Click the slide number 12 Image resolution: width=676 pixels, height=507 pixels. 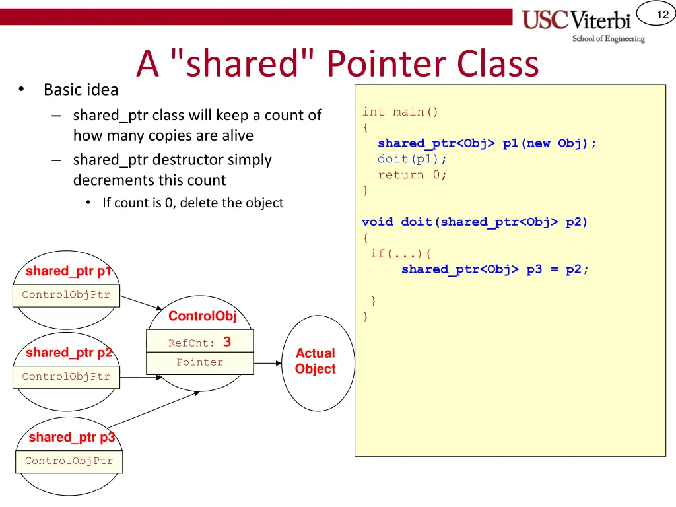pyautogui.click(x=663, y=15)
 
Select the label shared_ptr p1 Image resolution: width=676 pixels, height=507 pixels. pyautogui.click(x=69, y=271)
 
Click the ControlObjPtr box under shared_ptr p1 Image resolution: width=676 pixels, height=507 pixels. pyautogui.click(x=66, y=295)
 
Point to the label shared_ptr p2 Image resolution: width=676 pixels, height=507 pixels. pyautogui.click(x=69, y=353)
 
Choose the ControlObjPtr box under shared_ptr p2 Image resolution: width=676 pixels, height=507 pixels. pyautogui.click(x=66, y=377)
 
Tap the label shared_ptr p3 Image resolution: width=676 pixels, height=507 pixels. pyautogui.click(x=71, y=438)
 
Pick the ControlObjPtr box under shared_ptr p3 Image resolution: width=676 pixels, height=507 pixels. pyautogui.click(x=69, y=461)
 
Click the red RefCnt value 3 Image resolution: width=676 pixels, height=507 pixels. pyautogui.click(x=227, y=342)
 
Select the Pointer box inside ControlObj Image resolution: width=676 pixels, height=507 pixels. pyautogui.click(x=199, y=362)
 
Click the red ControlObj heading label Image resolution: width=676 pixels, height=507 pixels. pyautogui.click(x=202, y=316)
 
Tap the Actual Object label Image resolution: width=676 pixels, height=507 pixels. pyautogui.click(x=315, y=361)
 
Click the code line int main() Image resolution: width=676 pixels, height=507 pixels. pyautogui.click(x=400, y=112)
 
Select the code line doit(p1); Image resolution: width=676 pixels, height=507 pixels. pyautogui.click(x=412, y=159)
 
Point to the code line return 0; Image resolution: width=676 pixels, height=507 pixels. pyautogui.click(x=412, y=175)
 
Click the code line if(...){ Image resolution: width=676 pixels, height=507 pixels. pyautogui.click(x=400, y=253)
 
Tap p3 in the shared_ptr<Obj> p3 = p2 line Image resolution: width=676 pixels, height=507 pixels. pyautogui.click(x=534, y=269)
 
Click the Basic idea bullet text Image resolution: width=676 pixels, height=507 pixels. pyautogui.click(x=81, y=90)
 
